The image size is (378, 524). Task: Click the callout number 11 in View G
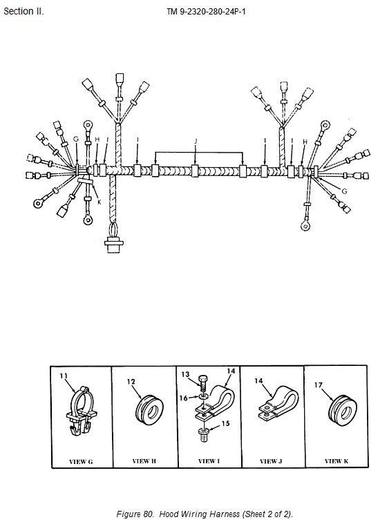(64, 376)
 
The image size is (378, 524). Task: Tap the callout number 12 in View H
(131, 381)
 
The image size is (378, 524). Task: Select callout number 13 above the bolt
(185, 374)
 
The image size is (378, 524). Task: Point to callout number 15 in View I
(226, 423)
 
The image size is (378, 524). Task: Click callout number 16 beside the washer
(184, 398)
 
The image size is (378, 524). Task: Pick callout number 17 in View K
(318, 385)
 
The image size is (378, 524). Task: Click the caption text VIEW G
(81, 461)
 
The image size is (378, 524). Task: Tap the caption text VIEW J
(271, 461)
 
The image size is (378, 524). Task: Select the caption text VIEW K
(337, 461)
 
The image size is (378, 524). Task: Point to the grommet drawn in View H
(150, 410)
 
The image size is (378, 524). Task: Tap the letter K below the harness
(99, 202)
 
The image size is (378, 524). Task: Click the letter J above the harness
(196, 141)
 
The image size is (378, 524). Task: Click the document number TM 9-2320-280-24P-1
(206, 12)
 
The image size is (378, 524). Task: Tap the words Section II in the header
(23, 11)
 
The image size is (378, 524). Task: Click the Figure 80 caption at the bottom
(205, 514)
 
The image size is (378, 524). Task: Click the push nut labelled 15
(203, 435)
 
